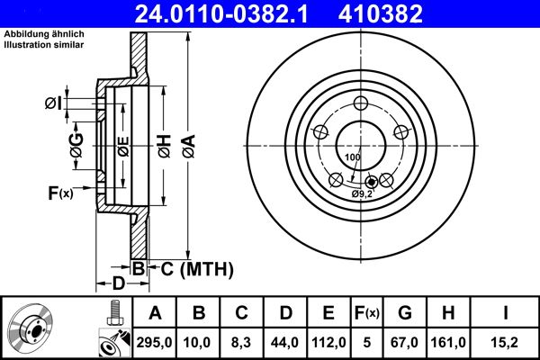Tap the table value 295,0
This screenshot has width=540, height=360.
[154, 342]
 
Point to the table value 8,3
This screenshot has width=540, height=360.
[241, 342]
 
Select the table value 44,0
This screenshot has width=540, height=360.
[284, 342]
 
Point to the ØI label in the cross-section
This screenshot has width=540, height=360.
[53, 103]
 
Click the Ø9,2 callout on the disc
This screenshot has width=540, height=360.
[363, 193]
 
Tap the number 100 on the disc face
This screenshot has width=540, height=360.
[352, 157]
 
